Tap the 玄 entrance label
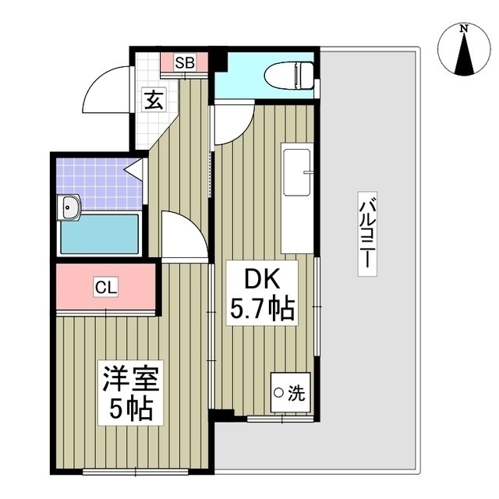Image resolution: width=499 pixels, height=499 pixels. click(153, 100)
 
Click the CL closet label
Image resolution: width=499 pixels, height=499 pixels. click(106, 287)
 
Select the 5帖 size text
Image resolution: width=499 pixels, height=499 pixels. click(131, 408)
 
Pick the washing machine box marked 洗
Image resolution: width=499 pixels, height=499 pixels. click(288, 394)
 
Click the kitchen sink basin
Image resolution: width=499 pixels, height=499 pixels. click(296, 172)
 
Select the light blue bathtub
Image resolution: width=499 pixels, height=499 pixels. click(99, 234)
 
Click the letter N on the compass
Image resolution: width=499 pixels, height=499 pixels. click(464, 29)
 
